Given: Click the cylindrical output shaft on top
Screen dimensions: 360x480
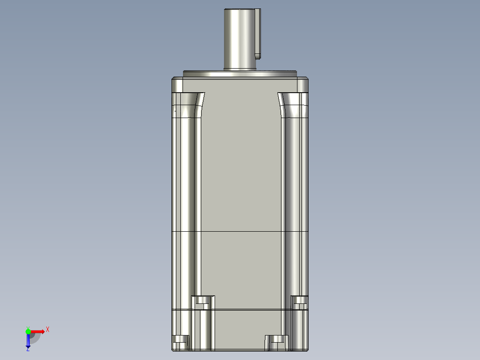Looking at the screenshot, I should click(240, 39).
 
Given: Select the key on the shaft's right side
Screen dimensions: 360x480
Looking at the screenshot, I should click(257, 33).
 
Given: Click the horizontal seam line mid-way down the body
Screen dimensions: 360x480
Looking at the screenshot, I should click(240, 232).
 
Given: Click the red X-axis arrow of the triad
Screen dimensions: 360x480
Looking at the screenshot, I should click(38, 331).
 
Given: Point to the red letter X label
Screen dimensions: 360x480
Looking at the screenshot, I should click(48, 329).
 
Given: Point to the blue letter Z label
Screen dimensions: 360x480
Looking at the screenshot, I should click(28, 350).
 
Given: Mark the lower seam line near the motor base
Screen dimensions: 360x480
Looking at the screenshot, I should click(240, 309).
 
